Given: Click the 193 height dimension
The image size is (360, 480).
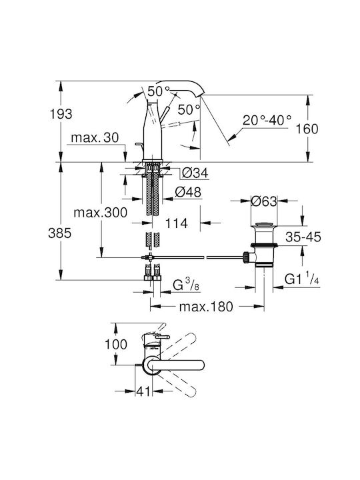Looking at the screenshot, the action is (61, 114).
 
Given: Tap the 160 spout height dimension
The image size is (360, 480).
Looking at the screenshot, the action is (307, 129).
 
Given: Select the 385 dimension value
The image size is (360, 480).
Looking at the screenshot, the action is (60, 233).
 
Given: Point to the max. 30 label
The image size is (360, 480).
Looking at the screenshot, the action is (95, 137).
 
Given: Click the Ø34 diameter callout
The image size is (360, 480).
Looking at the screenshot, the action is (195, 173).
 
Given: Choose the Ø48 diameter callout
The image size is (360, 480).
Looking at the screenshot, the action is (188, 192).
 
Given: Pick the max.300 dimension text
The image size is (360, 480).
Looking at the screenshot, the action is (101, 212).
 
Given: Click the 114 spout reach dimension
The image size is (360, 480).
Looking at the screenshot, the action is (176, 223).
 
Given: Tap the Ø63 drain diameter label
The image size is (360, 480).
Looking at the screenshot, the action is (263, 201).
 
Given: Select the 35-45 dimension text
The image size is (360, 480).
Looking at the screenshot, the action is (303, 237).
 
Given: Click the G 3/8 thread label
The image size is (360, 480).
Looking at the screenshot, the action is (186, 285).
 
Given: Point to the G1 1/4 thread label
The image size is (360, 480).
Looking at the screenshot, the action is (302, 279).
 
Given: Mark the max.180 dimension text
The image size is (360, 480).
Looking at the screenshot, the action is (206, 307).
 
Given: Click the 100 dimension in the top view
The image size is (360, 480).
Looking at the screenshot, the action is (116, 344).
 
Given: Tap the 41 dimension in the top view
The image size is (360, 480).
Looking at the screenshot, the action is (144, 391).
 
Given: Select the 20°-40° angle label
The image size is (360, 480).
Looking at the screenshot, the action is (267, 120).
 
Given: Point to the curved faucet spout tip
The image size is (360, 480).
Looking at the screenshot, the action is (201, 93).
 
